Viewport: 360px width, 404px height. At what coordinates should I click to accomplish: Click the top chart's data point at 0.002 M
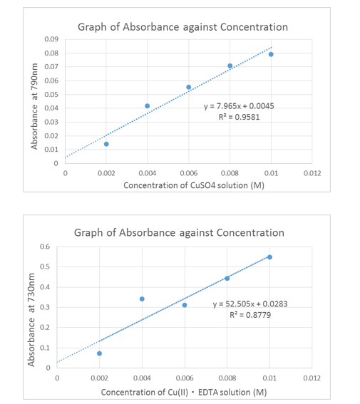(106, 144)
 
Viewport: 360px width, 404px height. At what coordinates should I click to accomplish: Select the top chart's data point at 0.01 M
(271, 54)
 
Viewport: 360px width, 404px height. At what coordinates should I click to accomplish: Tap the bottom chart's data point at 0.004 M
(142, 299)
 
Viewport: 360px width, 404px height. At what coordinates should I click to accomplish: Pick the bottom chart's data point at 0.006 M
(185, 305)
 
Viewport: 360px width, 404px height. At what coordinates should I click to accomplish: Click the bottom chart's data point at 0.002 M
(99, 353)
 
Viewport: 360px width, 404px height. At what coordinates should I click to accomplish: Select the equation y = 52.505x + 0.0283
(250, 304)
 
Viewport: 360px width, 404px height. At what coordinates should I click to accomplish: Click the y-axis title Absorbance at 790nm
(34, 105)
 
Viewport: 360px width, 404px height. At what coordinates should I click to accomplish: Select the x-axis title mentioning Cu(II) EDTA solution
(183, 393)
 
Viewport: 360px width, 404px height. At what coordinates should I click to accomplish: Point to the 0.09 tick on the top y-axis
(52, 39)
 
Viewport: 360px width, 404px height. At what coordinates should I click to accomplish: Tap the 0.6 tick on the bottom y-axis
(45, 247)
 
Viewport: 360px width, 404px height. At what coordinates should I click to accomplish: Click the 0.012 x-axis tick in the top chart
(312, 172)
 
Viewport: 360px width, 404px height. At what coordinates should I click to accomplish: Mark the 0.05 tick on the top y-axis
(52, 94)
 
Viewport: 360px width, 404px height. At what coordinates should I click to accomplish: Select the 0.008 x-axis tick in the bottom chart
(227, 378)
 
